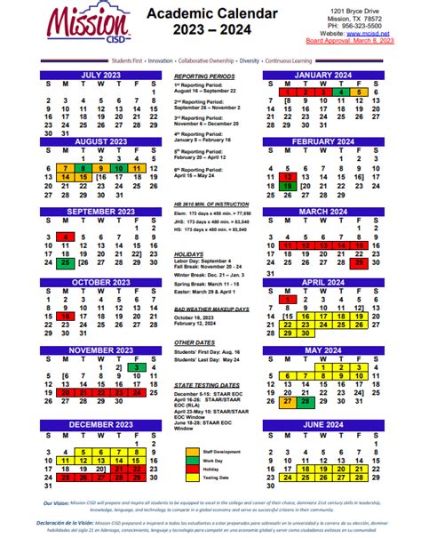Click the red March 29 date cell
[x=360, y=262]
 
